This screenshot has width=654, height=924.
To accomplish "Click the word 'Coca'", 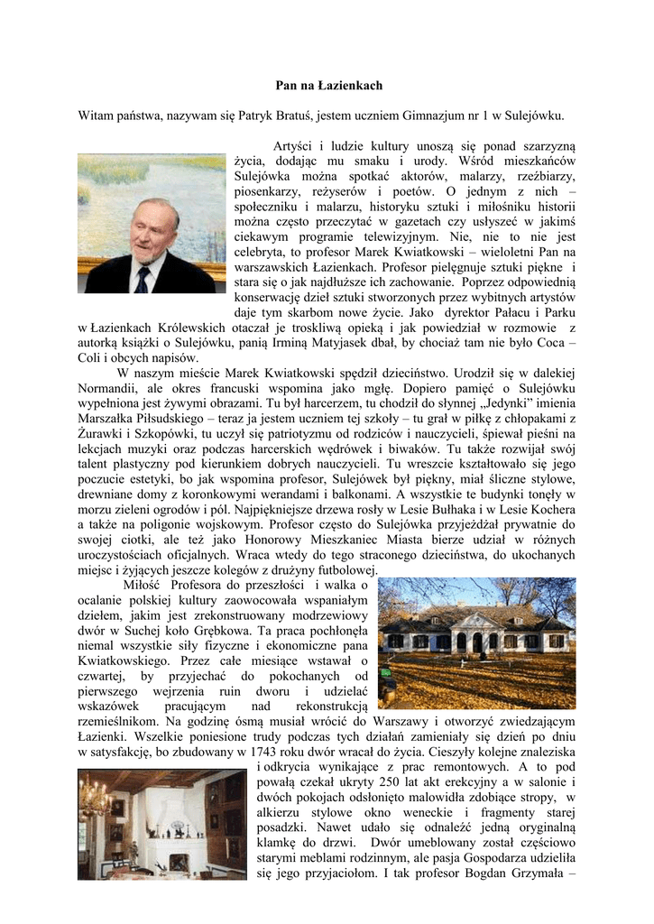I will click(x=554, y=342).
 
